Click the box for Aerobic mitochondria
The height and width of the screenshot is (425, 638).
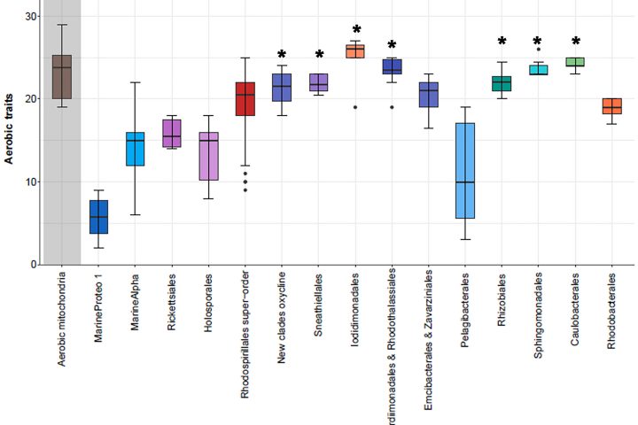click(62, 76)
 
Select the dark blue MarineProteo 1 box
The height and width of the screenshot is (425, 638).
click(98, 216)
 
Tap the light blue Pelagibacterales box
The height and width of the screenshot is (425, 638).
click(464, 170)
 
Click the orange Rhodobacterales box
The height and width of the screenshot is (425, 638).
click(611, 106)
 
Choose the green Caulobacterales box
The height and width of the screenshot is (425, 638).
click(575, 62)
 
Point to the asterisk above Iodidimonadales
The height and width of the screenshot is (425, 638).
click(355, 31)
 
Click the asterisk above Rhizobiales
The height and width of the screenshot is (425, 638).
click(502, 42)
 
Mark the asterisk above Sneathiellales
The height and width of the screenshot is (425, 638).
click(318, 55)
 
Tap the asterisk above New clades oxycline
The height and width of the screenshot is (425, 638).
click(282, 56)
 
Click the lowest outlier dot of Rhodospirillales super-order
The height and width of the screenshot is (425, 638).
click(245, 189)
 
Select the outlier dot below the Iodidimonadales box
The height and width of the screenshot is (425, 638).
click(355, 107)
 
